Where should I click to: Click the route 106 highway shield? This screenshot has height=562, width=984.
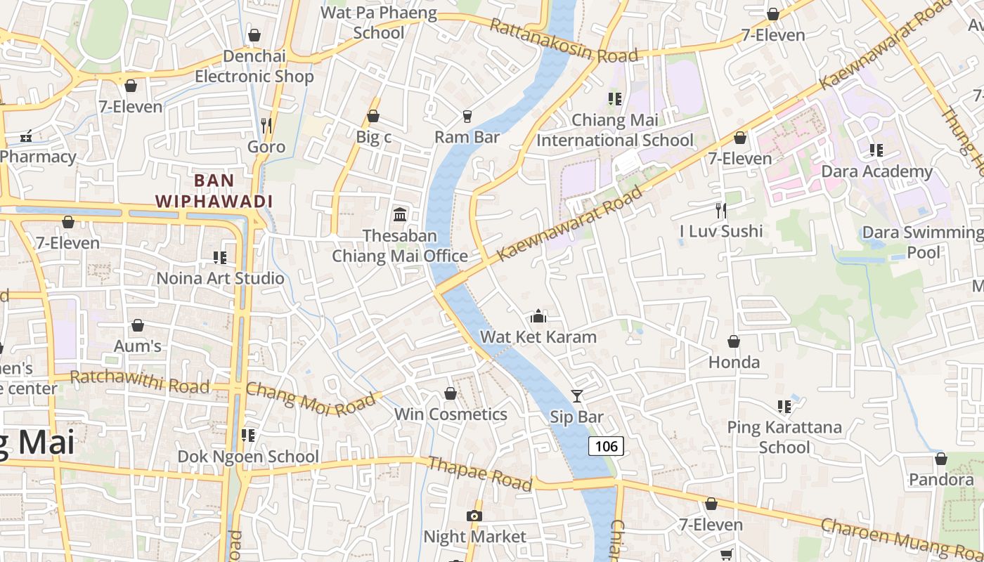click(x=606, y=446)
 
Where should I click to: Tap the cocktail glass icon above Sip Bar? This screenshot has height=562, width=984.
click(x=576, y=396)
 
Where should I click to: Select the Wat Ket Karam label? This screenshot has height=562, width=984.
click(x=538, y=336)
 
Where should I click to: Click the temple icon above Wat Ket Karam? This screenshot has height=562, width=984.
click(x=538, y=316)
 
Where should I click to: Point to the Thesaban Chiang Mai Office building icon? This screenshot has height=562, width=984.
click(x=400, y=214)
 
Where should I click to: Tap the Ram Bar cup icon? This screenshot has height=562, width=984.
click(x=467, y=116)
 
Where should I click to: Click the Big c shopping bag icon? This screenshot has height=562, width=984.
click(x=373, y=116)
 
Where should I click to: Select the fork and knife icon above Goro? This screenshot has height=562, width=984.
click(x=266, y=125)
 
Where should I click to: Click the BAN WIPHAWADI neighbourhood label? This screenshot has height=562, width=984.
click(x=214, y=191)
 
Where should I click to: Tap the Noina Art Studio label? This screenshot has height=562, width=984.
click(x=220, y=278)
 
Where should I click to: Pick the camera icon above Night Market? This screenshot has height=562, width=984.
click(x=474, y=516)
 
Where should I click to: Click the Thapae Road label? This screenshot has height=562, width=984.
click(x=479, y=473)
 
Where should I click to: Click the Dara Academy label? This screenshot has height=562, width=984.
click(x=876, y=171)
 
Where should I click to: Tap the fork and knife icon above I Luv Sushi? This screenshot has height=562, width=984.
click(x=720, y=210)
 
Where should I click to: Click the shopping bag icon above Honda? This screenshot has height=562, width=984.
click(x=734, y=342)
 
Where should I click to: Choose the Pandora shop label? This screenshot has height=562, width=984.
click(x=941, y=480)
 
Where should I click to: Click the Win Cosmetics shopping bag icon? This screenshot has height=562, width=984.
click(x=451, y=394)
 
